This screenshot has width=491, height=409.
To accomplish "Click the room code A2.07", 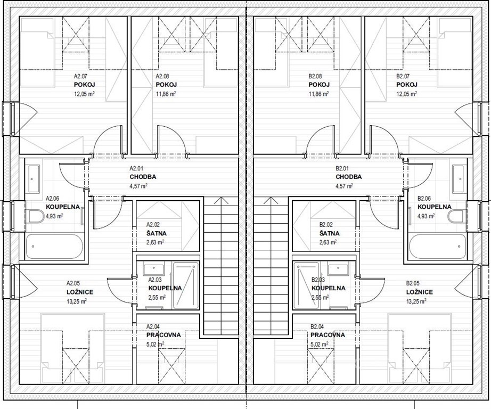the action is click(x=80, y=76).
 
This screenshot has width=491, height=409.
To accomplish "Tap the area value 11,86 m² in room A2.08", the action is click(x=166, y=94).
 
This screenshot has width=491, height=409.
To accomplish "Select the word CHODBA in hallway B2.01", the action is click(x=348, y=177).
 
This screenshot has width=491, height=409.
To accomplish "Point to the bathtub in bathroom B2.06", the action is click(x=437, y=246).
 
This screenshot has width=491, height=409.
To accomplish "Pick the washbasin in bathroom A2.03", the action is click(x=153, y=269).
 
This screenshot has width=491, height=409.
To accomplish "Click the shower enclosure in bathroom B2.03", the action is click(x=306, y=285).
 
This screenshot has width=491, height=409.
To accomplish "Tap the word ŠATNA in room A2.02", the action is click(x=157, y=233).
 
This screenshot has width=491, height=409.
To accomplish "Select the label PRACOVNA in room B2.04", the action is click(x=328, y=335).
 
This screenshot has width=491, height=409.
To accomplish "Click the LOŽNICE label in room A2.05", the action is click(x=80, y=292).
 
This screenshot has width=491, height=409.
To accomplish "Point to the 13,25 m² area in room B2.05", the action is click(x=416, y=301).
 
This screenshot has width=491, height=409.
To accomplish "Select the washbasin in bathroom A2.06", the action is click(x=34, y=179).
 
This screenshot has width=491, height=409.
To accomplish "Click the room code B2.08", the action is click(x=315, y=76).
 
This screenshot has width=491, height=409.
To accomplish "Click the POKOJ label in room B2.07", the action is click(x=407, y=85).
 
